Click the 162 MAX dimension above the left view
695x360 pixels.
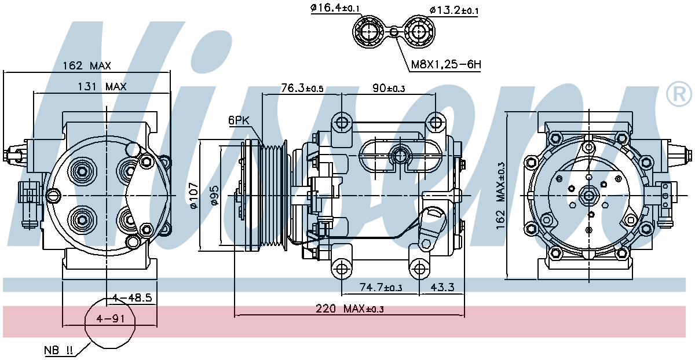pos(86,66)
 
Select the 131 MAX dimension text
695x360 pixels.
pos(102,86)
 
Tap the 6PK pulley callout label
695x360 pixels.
pos(239,120)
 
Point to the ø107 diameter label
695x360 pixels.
pos(193,196)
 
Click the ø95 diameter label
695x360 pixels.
pos(214,196)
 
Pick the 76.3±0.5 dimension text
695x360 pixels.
pos(302,88)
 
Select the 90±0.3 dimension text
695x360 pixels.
pos(389,89)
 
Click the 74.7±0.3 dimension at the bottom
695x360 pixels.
pos(381,287)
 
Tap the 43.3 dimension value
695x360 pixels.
pos(442,287)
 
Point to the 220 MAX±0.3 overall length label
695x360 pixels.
pos(350,309)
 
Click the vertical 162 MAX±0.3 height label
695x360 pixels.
pos(500,196)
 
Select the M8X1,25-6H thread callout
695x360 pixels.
pos(446,64)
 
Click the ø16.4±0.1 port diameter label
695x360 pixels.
pos(335,8)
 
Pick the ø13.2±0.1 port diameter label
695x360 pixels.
pos(454,10)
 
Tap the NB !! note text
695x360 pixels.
pos(58,350)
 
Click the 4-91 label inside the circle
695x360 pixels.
pos(111,318)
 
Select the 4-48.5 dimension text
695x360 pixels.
pos(132,297)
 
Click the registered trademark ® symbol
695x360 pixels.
pos(679,94)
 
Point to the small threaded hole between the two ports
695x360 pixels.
pos(393,31)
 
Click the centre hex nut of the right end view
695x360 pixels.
pos(588,196)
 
